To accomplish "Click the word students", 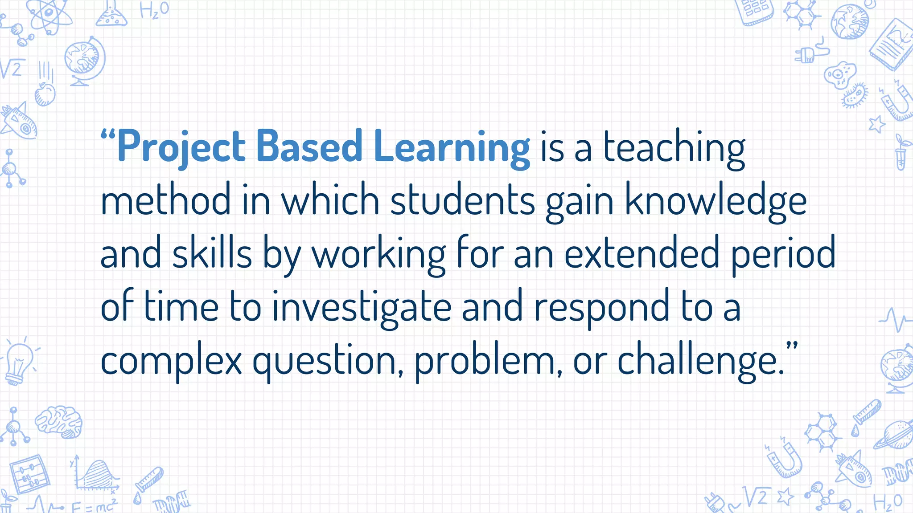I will pyautogui.click(x=462, y=200).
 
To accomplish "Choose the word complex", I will pyautogui.click(x=171, y=361).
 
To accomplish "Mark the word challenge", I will pyautogui.click(x=698, y=361).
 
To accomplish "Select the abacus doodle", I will pyautogui.click(x=29, y=474).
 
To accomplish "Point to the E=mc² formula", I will pyautogui.click(x=94, y=506).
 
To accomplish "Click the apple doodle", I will pyautogui.click(x=45, y=94).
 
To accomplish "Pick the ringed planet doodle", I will pyautogui.click(x=894, y=434).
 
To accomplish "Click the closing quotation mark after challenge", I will pyautogui.click(x=792, y=346).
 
